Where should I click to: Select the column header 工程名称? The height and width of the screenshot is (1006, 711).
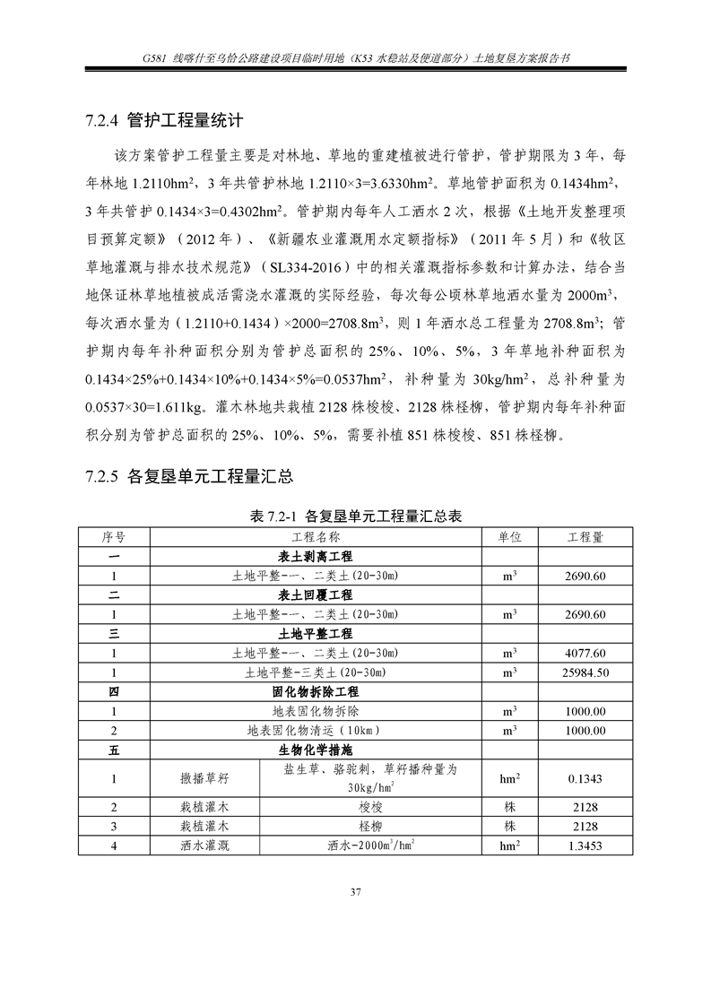click(316, 536)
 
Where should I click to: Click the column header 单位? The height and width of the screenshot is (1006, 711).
click(509, 536)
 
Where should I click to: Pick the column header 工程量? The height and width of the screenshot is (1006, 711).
click(585, 536)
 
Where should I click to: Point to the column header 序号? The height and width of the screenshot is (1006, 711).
click(114, 536)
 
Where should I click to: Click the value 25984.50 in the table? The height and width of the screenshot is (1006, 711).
click(585, 672)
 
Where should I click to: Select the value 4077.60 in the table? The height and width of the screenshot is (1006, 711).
click(585, 653)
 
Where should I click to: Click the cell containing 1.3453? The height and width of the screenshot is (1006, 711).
click(585, 845)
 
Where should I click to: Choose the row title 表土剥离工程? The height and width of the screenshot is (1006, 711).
click(316, 556)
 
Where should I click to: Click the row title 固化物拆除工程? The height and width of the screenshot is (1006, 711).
click(316, 692)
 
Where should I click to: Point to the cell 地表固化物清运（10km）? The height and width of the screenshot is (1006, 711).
click(316, 731)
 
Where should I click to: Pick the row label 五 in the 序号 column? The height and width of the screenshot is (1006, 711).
click(114, 750)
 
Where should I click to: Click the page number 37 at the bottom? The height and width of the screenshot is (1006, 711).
click(355, 890)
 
